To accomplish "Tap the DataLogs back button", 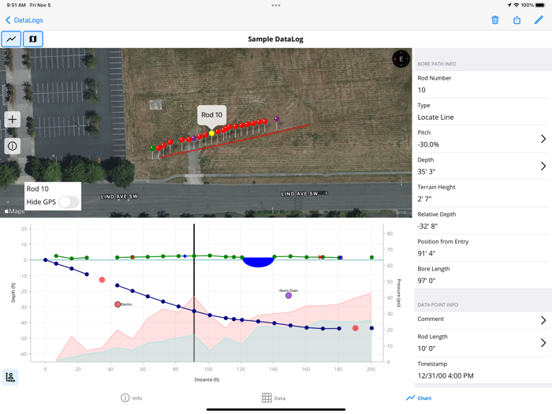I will click(x=24, y=20).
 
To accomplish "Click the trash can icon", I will click(x=495, y=20).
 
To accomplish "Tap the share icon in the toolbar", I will click(x=517, y=20).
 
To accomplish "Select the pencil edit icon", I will click(x=539, y=20).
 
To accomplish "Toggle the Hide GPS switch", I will click(x=69, y=202).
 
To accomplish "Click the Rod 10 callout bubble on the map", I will click(x=212, y=115).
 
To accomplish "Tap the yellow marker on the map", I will click(x=211, y=133).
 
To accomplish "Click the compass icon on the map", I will click(x=401, y=59).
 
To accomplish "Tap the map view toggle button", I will click(x=32, y=39).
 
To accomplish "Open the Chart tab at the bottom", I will click(x=419, y=398).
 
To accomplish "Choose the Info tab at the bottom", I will click(x=131, y=398).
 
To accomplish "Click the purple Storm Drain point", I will click(x=289, y=296).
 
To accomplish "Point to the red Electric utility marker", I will click(x=117, y=304).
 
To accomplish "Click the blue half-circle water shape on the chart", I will click(x=258, y=262).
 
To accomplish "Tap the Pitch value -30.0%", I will click(x=428, y=144).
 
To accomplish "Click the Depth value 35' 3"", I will click(x=426, y=171).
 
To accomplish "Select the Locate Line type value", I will click(x=435, y=117).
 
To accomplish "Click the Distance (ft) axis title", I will click(x=207, y=380).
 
